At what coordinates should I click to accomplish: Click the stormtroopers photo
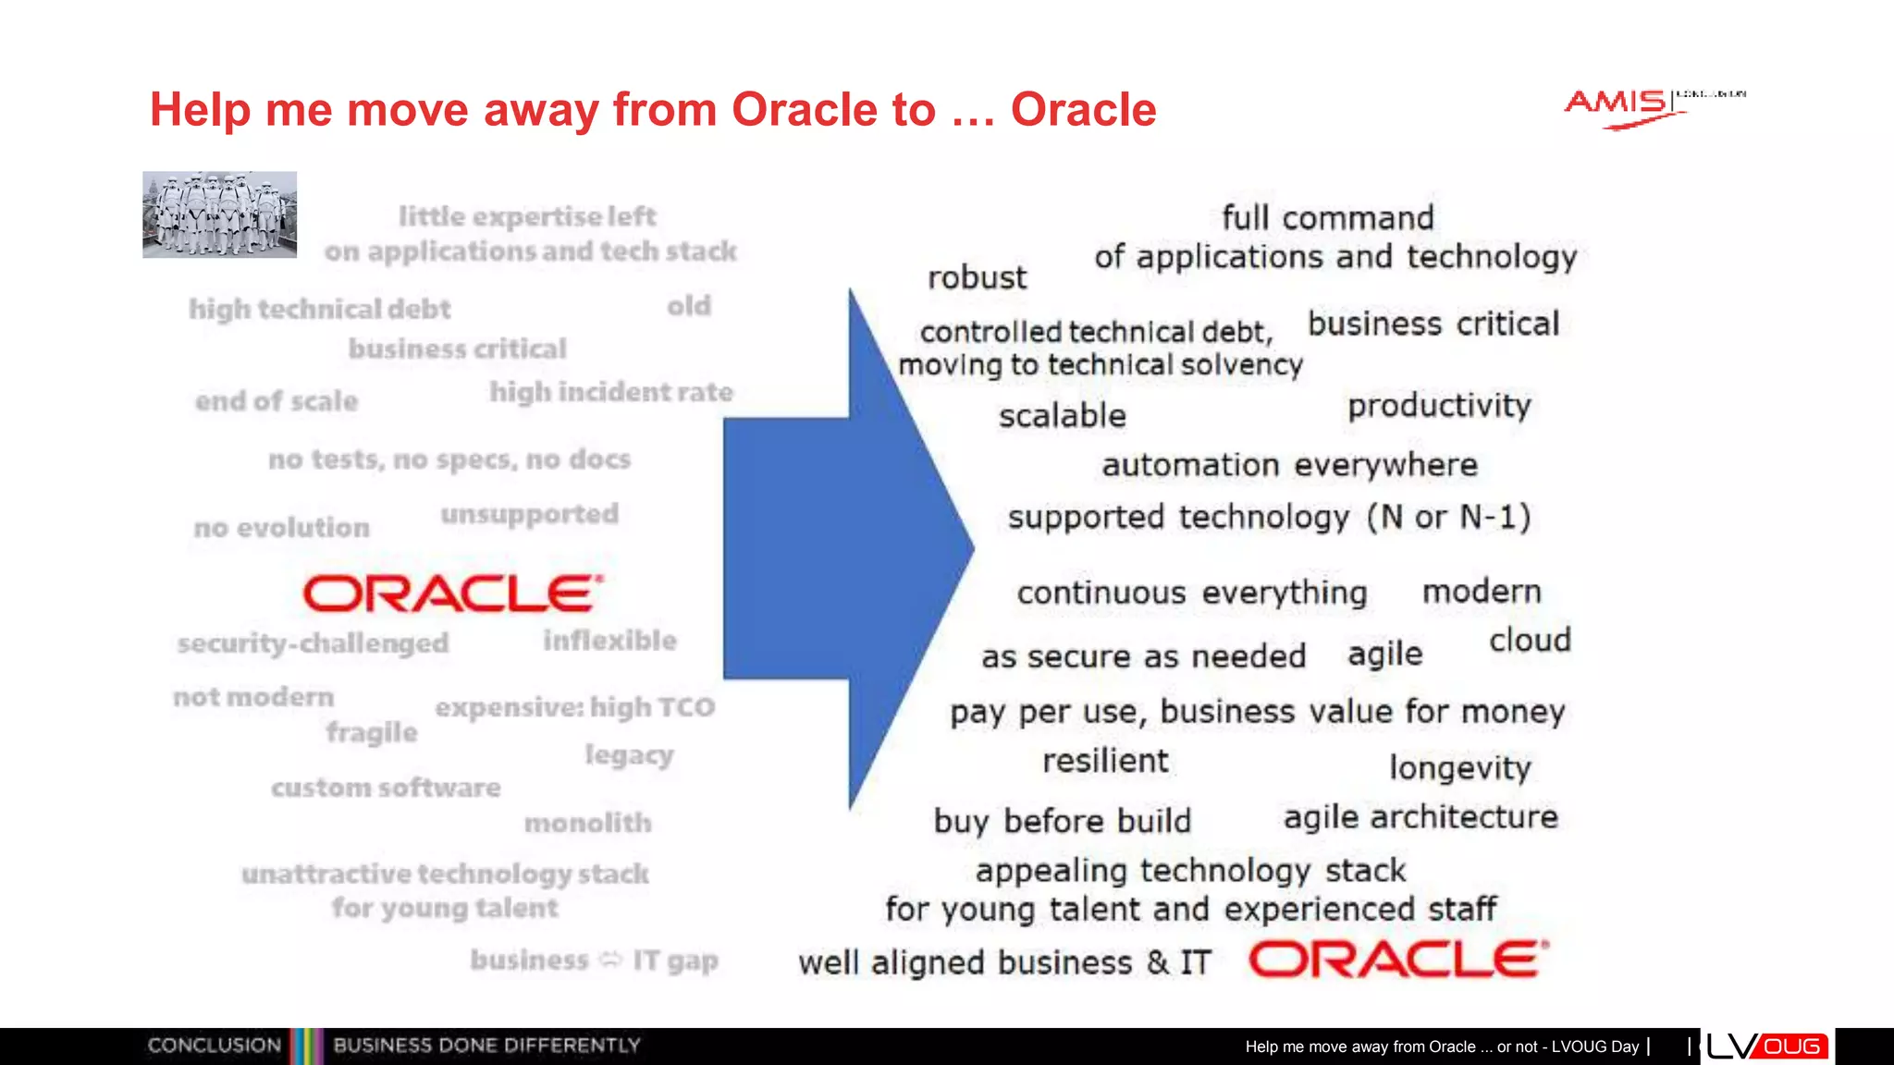(x=219, y=214)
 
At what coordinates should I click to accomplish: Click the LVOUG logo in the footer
(x=1766, y=1046)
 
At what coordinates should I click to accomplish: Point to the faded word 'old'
(x=689, y=306)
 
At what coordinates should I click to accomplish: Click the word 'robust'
(x=977, y=277)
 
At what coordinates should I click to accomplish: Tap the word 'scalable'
(x=1062, y=416)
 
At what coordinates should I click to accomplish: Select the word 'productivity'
(x=1438, y=406)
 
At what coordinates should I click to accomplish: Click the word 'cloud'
(x=1530, y=640)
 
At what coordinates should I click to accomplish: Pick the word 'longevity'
(x=1459, y=768)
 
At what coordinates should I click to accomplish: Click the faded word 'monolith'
(x=587, y=822)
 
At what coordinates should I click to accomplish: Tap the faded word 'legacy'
(x=629, y=755)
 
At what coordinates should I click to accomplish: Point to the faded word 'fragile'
(x=372, y=732)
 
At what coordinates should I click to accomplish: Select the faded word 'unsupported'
(x=529, y=514)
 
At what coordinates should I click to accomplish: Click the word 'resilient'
(x=1105, y=761)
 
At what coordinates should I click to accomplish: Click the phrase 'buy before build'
(x=1062, y=821)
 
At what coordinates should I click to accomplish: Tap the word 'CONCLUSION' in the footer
(x=214, y=1046)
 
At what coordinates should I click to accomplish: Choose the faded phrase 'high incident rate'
(x=610, y=392)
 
